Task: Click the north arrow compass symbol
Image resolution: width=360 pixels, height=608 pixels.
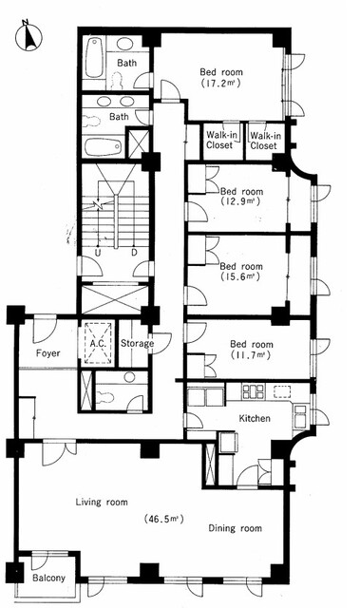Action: click(x=28, y=36)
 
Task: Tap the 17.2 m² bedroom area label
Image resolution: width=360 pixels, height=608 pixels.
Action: click(x=221, y=83)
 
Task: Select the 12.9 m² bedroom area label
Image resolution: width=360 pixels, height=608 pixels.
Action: click(x=241, y=201)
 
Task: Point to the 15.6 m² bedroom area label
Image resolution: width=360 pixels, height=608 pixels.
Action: click(x=240, y=276)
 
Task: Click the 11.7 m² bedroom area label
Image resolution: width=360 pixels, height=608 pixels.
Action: click(x=251, y=354)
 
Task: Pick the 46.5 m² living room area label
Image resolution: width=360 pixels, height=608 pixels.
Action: click(x=162, y=518)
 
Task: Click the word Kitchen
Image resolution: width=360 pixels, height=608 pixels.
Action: click(x=255, y=418)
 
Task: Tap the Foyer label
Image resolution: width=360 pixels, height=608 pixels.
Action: click(x=48, y=353)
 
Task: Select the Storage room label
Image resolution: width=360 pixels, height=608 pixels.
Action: click(x=137, y=344)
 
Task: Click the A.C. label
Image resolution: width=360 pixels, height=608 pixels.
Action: click(x=98, y=344)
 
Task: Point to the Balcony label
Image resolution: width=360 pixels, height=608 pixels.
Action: click(x=48, y=579)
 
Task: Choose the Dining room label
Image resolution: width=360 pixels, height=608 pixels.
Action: click(x=235, y=528)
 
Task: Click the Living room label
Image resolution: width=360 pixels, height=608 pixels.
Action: click(x=102, y=503)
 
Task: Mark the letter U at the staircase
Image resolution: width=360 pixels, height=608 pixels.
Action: click(x=97, y=254)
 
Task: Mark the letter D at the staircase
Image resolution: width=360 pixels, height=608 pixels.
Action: click(x=134, y=254)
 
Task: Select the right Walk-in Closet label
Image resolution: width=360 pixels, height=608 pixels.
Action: click(x=265, y=141)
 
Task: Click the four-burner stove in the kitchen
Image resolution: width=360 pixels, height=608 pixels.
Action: click(x=253, y=390)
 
